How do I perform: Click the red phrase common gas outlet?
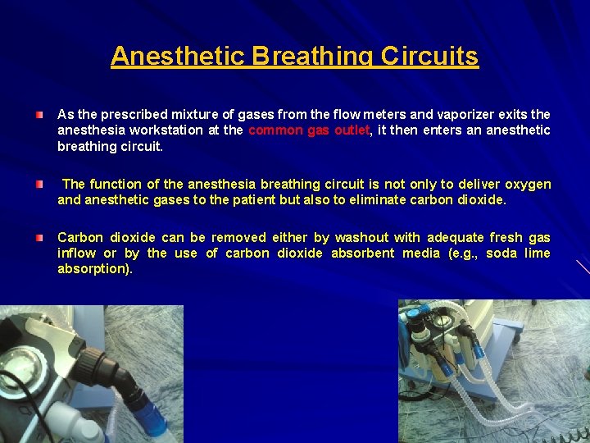pos(309,130)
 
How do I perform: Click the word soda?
pos(501,253)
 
